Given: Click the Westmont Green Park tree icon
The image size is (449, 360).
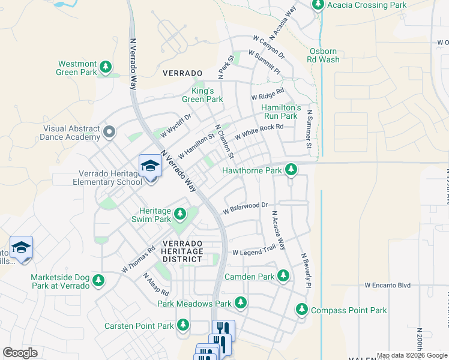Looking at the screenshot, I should coord(106,67).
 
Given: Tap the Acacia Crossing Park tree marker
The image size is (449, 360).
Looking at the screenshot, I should coord(318,5).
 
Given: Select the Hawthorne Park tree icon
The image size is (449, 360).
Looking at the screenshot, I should coord(291,170).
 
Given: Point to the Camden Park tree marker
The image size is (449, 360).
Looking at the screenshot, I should coord(283,277).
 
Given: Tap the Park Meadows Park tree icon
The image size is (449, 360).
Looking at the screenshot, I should coord(241,304).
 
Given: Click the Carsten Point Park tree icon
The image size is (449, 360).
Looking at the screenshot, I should coord(183,326).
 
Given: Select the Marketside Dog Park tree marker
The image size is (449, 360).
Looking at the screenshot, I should coord(98,280).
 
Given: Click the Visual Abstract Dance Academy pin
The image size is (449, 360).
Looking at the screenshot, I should coord(109,131).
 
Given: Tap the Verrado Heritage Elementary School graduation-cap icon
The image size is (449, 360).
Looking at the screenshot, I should coord(150,166).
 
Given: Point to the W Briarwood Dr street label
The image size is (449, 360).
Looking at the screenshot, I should coord(245,208).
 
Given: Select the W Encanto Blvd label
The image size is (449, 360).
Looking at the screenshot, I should coord(387,286).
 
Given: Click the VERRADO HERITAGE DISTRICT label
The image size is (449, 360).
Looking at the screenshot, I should coord(183,251).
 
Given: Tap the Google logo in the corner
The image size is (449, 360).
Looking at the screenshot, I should coord(20,353).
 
